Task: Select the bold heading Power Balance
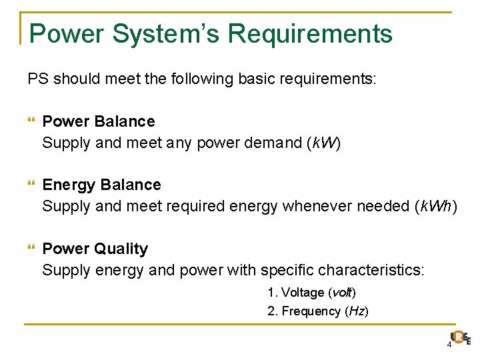[98, 121]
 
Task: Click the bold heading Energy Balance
[101, 185]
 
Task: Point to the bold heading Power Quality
[95, 249]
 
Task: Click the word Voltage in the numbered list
[303, 293]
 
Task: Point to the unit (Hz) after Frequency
[357, 311]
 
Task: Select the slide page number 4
[449, 345]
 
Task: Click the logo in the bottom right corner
[460, 339]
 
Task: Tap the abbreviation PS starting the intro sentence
[37, 79]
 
